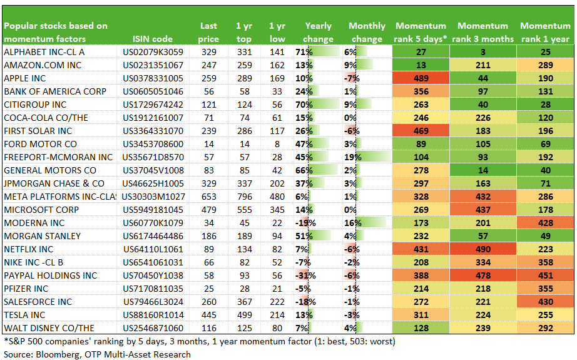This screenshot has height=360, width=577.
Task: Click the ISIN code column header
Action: [152, 39]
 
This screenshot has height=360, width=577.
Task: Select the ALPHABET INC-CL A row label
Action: [44, 52]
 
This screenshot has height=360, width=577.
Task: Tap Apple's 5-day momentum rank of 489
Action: [421, 78]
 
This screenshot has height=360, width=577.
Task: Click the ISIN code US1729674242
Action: [153, 105]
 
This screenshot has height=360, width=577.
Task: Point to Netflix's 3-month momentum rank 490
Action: [483, 250]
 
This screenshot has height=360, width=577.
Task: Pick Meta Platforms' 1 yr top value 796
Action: [244, 197]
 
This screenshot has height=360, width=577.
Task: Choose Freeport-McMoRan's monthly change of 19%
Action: [353, 158]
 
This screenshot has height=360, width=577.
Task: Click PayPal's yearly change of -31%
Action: [305, 276]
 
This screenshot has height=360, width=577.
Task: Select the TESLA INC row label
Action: [24, 316]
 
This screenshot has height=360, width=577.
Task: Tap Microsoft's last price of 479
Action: [208, 210]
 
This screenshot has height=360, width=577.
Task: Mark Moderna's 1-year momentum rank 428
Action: [545, 223]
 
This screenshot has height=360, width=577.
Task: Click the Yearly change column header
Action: [319, 33]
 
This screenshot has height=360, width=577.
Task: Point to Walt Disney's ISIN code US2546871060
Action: [153, 328]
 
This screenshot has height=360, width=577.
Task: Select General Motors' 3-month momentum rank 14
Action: [483, 170]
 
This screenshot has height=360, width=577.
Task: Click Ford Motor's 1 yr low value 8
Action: [277, 144]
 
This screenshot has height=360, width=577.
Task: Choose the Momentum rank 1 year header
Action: [545, 33]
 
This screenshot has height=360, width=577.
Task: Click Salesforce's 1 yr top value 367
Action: [244, 302]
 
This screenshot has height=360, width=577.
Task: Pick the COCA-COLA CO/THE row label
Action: [46, 118]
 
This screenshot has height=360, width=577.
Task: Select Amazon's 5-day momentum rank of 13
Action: [421, 66]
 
